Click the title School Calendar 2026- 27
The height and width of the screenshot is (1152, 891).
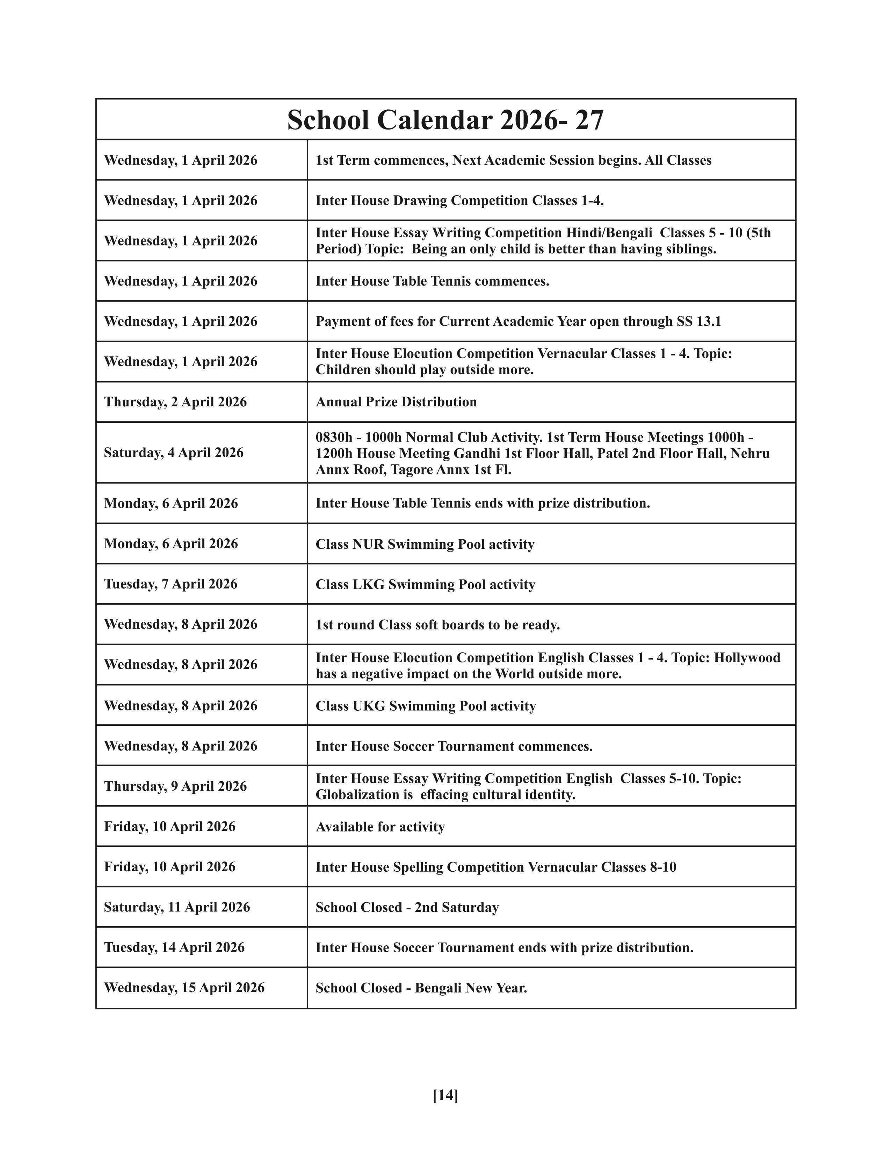click(445, 120)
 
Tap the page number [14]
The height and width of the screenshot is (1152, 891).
click(445, 1095)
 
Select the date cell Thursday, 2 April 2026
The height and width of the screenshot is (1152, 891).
click(175, 402)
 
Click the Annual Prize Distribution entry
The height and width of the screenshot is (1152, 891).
click(396, 402)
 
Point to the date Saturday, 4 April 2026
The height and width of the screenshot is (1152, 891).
click(174, 452)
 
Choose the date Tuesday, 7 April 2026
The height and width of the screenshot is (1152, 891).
click(171, 584)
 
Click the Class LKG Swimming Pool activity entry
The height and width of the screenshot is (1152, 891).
click(425, 584)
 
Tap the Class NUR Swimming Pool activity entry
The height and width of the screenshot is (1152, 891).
click(425, 544)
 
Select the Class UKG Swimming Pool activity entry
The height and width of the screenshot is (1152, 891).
click(426, 706)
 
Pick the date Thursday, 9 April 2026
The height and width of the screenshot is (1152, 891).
click(175, 786)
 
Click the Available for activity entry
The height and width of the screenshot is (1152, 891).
click(380, 827)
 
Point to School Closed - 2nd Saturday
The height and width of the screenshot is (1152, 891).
click(407, 907)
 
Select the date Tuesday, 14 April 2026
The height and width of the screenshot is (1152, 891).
click(174, 947)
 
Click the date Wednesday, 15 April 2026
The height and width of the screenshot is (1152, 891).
click(184, 988)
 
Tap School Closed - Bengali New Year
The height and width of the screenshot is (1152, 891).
click(421, 988)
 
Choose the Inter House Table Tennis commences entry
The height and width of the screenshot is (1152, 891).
click(432, 281)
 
